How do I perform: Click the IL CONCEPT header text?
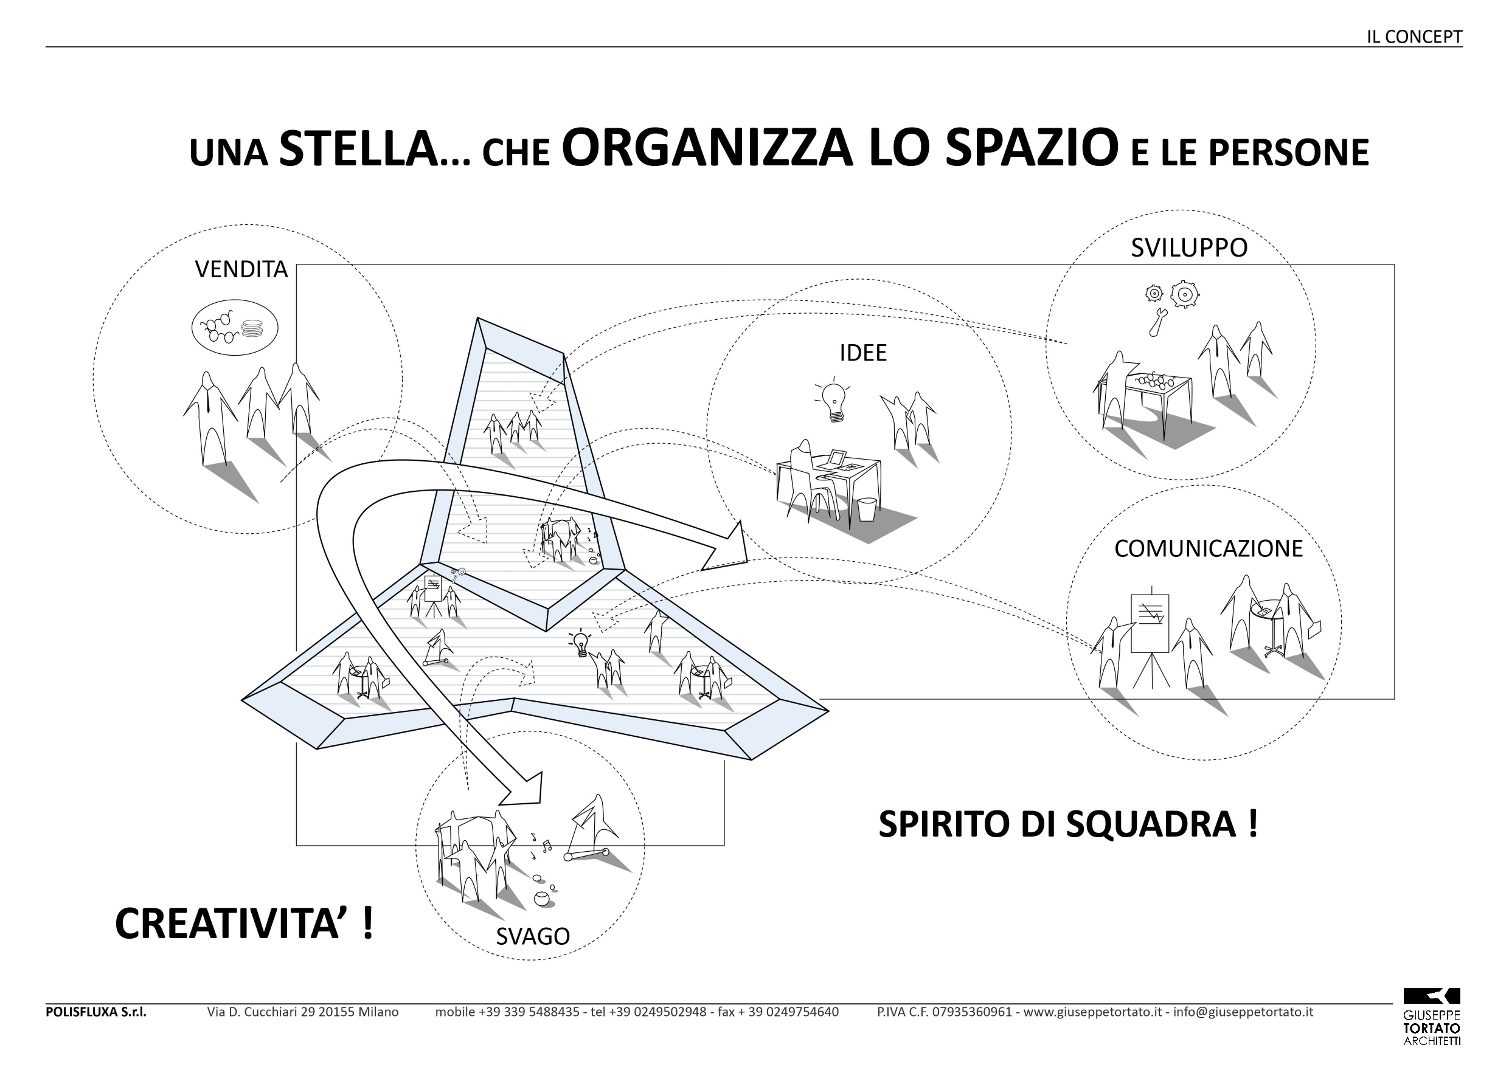[1414, 37]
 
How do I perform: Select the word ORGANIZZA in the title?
[707, 148]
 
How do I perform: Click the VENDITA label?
[241, 269]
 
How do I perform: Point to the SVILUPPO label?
[1189, 247]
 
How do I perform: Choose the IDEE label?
[863, 353]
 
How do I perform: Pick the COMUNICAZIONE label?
[1208, 548]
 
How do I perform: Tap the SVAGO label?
[532, 936]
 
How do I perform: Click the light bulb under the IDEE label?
[833, 401]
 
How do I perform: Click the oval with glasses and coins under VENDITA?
[235, 327]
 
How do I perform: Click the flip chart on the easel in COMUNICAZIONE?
[1150, 622]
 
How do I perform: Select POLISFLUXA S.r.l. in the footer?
[96, 1012]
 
